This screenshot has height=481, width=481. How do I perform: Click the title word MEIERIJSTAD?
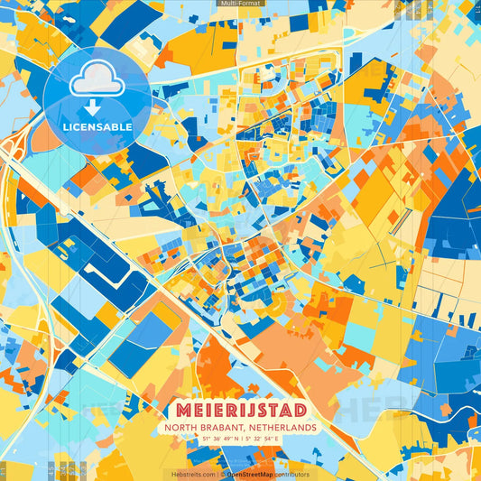point(240,406)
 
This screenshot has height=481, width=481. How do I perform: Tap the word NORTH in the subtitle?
point(180,427)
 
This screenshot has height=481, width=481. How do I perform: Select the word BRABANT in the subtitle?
point(219,427)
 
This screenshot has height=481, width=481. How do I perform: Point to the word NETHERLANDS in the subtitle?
point(281,427)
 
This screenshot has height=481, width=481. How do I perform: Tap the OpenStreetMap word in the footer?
point(248,474)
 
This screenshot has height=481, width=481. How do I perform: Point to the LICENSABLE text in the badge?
point(97,127)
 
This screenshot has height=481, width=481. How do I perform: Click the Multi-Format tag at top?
point(240,4)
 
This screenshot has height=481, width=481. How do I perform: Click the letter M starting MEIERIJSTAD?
point(173,406)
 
